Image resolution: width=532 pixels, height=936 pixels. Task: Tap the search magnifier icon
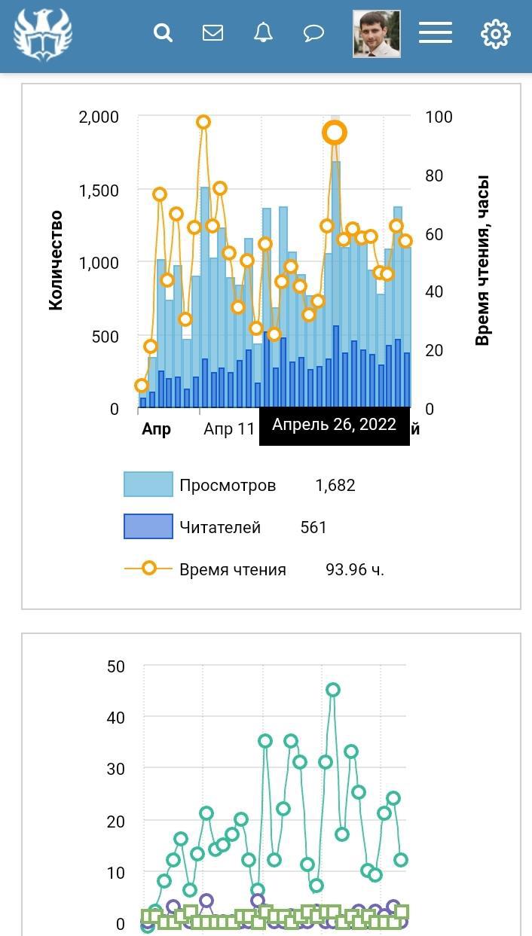click(163, 33)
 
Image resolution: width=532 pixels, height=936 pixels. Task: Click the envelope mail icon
click(213, 33)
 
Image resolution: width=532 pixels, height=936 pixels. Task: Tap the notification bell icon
click(263, 33)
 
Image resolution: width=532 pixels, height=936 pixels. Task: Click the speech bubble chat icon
click(313, 33)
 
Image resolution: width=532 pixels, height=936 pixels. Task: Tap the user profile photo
click(377, 34)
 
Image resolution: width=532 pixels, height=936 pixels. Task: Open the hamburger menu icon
click(436, 33)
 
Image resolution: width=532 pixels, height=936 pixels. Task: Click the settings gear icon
click(495, 34)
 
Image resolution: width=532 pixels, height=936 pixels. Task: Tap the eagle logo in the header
click(42, 35)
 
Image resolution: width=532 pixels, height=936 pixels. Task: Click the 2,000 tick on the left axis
click(99, 117)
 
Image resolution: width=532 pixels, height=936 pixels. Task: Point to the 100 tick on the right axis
click(439, 117)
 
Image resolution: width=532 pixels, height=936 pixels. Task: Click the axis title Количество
click(55, 261)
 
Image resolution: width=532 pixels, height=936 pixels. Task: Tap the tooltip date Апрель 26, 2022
click(334, 425)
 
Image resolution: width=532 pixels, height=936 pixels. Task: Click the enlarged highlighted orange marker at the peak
click(335, 133)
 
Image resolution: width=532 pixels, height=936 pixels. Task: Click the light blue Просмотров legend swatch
click(148, 485)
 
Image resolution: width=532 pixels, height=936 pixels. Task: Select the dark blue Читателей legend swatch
click(148, 527)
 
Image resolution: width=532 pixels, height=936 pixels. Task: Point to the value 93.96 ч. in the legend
click(354, 569)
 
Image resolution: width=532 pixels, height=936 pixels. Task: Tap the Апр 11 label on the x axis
click(229, 429)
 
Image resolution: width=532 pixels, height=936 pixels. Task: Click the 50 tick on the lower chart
click(116, 666)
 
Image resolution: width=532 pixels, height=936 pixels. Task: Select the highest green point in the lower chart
click(333, 690)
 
